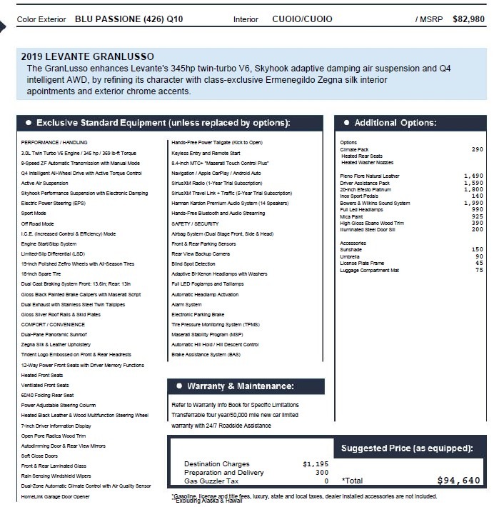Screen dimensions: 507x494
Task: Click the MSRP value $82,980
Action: point(468,19)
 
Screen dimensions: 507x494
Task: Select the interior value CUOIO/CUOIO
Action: point(297,19)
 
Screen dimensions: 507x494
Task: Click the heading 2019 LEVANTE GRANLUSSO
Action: point(87,56)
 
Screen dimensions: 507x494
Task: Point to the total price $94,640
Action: point(458,481)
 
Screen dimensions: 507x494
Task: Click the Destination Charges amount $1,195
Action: point(316,463)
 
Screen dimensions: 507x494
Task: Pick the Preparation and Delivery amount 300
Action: point(322,472)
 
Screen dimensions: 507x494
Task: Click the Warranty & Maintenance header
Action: point(241,386)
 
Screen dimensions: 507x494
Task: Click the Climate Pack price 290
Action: point(477,149)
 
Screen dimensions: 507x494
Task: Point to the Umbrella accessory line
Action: point(350,256)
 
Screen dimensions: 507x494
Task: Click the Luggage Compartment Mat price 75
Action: point(479,270)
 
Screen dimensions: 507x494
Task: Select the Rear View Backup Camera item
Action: point(201,254)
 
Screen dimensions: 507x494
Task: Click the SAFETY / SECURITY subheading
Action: point(195,224)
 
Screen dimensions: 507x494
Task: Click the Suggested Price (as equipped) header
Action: point(407,448)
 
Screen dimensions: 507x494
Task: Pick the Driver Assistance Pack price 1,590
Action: point(473,183)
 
